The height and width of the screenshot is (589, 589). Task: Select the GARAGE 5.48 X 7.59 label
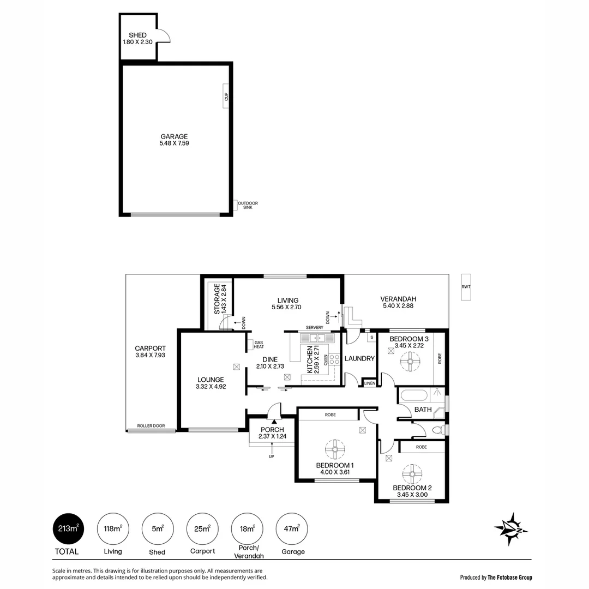click(174, 140)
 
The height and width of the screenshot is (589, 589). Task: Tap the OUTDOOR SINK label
click(251, 205)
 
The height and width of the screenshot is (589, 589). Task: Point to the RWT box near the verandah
click(465, 287)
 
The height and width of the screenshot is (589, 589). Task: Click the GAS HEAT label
click(259, 345)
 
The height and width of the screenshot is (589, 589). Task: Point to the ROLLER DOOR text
click(151, 426)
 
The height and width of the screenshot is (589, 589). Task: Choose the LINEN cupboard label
click(370, 384)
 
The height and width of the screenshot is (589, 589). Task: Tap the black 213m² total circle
click(69, 528)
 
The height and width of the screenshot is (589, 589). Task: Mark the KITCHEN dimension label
click(312, 359)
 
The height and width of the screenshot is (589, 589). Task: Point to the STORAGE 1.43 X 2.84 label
click(220, 298)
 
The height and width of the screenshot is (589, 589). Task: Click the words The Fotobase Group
click(510, 578)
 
